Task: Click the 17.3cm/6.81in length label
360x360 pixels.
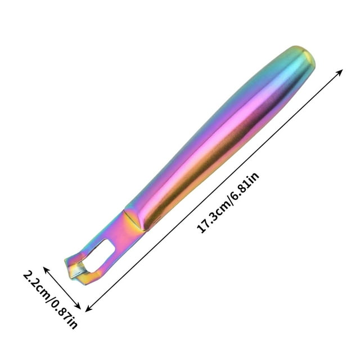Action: click(x=228, y=202)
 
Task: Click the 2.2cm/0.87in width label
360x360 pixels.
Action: click(x=50, y=299)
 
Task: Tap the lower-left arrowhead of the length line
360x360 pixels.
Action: click(x=88, y=309)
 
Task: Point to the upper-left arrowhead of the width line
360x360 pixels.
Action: click(x=46, y=270)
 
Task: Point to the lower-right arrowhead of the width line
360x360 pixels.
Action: click(x=78, y=306)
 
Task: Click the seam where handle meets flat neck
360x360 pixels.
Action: click(x=135, y=220)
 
